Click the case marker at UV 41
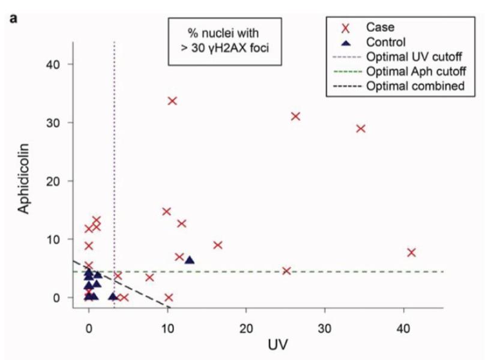[x=411, y=253]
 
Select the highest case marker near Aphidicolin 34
[x=172, y=101]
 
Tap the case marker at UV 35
[x=361, y=128]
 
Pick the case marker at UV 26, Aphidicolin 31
[x=295, y=116]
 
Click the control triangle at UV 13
[x=190, y=260]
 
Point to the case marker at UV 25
[x=286, y=271]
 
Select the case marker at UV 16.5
[x=218, y=245]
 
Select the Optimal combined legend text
[x=415, y=86]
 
